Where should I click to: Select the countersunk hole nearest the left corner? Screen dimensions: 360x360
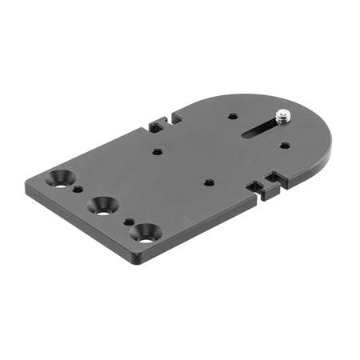click(x=60, y=178)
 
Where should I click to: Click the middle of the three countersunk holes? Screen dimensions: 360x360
click(x=102, y=205)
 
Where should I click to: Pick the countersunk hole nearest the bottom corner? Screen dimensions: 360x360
click(x=146, y=233)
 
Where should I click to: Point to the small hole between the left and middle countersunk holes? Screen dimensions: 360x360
click(x=78, y=190)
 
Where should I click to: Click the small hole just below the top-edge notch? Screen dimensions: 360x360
click(x=158, y=151)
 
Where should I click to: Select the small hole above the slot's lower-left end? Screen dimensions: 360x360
click(x=232, y=116)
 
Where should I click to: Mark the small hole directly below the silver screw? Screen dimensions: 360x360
click(x=285, y=145)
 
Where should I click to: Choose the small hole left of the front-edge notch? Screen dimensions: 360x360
click(x=208, y=182)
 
